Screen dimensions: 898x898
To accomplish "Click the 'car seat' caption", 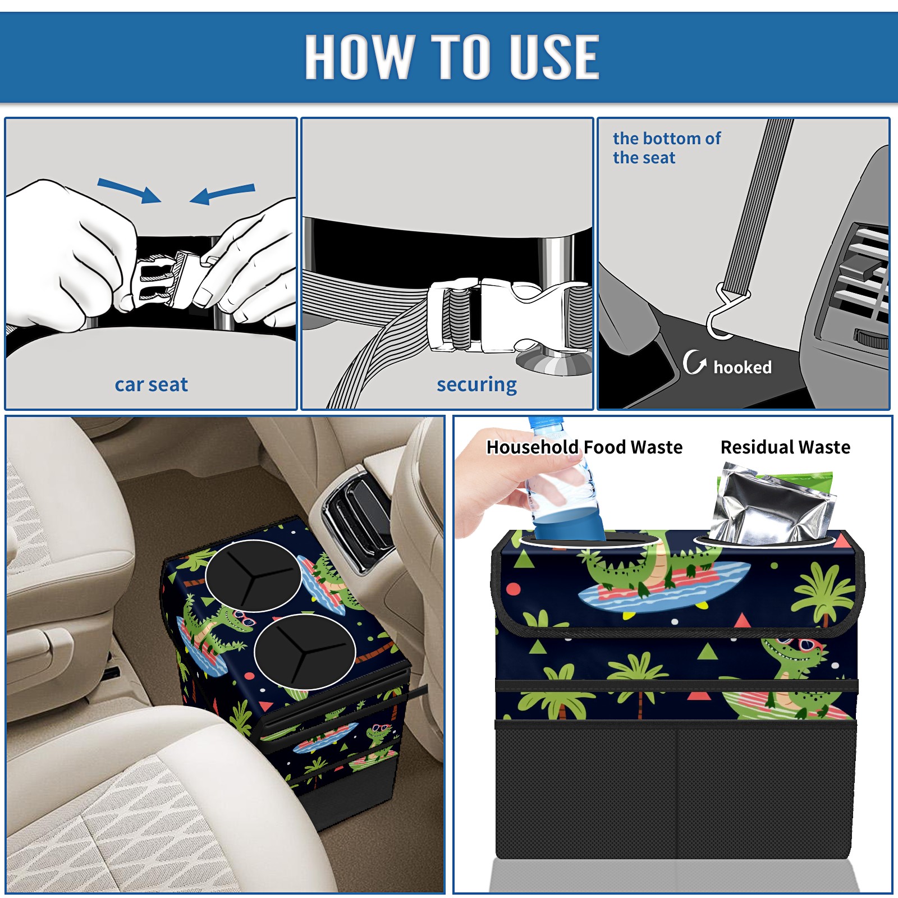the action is (x=151, y=384).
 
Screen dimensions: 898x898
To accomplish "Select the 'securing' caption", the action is (x=477, y=385).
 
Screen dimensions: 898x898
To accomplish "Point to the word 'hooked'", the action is (x=743, y=367).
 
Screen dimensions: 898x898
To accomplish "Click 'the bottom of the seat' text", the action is (x=666, y=148).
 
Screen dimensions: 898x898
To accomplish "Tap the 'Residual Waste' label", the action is (x=785, y=447).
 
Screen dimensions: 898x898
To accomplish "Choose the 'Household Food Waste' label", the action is (x=584, y=447).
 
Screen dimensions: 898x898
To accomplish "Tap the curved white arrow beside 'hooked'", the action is (x=694, y=362).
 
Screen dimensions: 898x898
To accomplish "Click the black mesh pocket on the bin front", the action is (x=676, y=791).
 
